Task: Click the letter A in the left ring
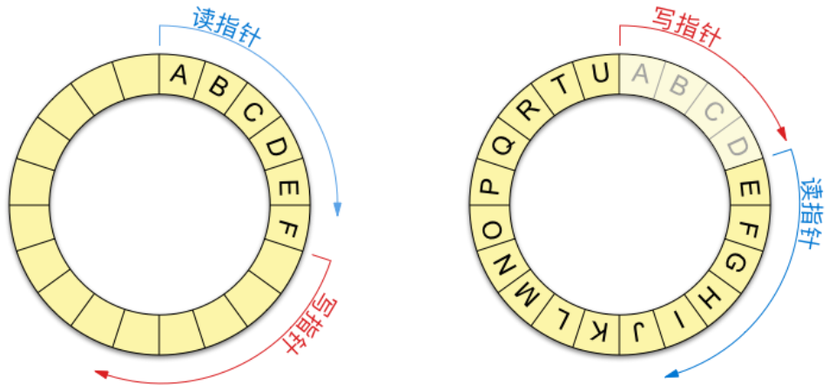[179, 76]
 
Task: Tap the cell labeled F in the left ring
[289, 230]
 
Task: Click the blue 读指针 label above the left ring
[226, 28]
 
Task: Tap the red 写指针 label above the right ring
[686, 26]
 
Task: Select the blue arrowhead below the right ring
[671, 374]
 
